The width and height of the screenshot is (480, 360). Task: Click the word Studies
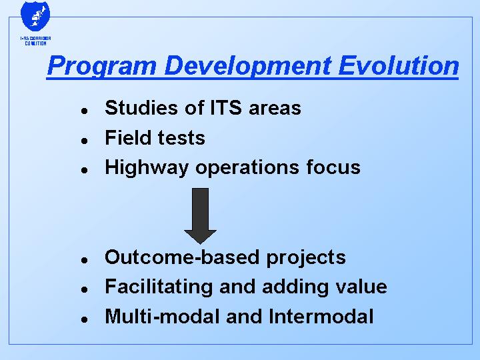pos(137,108)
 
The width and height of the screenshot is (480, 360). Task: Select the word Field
pos(125,138)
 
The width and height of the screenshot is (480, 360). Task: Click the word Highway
pos(147,167)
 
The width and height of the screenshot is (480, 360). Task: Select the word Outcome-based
pos(179,257)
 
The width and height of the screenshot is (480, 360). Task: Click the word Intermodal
pos(321,317)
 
